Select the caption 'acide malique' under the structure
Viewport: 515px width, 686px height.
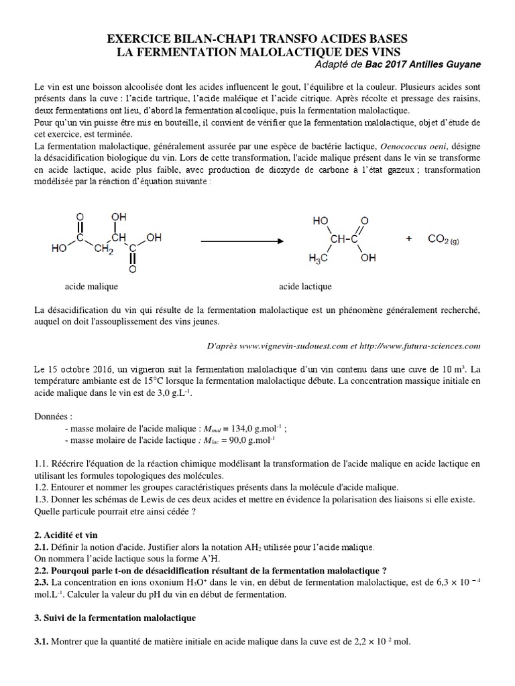(x=91, y=286)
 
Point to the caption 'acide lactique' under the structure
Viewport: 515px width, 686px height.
(x=305, y=286)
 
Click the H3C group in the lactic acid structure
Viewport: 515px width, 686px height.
(x=319, y=257)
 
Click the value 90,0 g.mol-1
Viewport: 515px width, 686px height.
(x=247, y=440)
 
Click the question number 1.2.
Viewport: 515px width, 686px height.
(x=42, y=487)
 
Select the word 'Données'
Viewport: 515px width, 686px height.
(x=52, y=416)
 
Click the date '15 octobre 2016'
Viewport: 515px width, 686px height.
(x=81, y=369)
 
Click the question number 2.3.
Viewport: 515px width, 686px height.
(x=42, y=582)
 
